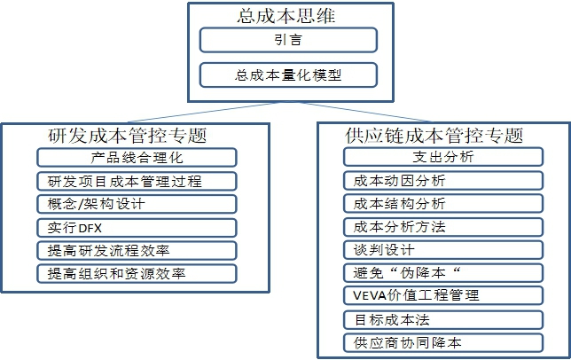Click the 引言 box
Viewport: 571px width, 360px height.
288,40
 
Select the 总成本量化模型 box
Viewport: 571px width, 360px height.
288,75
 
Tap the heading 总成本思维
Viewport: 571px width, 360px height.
286,16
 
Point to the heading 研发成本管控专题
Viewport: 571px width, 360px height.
127,136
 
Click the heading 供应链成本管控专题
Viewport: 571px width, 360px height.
434,136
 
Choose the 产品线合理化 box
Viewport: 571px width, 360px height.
137,158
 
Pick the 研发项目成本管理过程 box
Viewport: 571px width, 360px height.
137,181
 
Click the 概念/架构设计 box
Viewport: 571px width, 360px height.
137,204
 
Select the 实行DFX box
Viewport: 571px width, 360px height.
137,228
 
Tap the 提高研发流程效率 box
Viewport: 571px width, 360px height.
137,250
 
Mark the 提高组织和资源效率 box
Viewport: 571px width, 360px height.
137,273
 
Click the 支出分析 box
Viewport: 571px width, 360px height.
443,157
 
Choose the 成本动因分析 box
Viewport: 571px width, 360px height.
443,180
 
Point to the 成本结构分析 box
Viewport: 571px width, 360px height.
443,203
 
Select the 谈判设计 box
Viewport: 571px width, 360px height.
443,250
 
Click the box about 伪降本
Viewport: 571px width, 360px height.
443,272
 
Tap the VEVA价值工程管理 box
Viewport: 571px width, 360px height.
443,295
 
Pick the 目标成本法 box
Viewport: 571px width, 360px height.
443,319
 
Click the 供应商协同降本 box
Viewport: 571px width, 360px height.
443,342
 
